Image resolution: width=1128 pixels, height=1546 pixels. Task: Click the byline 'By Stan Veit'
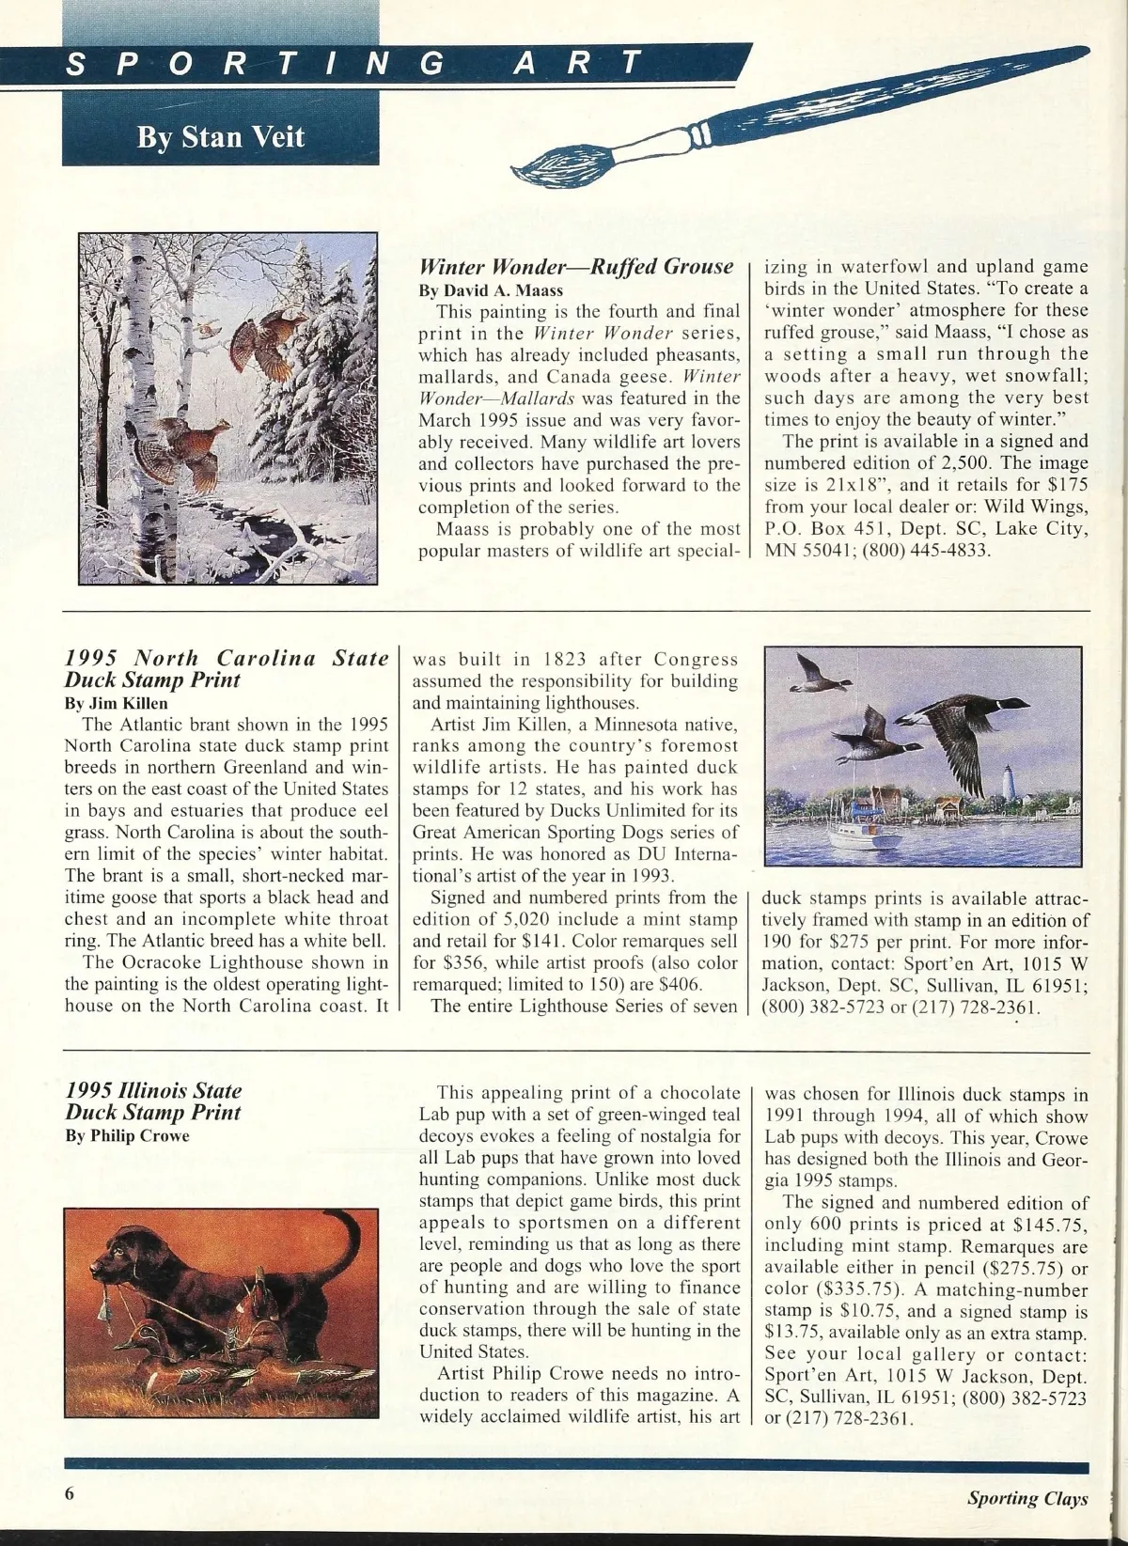(220, 137)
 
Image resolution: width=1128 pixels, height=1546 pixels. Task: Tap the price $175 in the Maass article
(1066, 485)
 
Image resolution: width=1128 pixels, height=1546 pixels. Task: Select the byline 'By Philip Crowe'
(127, 1135)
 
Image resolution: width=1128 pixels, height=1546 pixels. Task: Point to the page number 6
(70, 1495)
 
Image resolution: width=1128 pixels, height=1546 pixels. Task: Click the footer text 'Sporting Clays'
(1027, 1498)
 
